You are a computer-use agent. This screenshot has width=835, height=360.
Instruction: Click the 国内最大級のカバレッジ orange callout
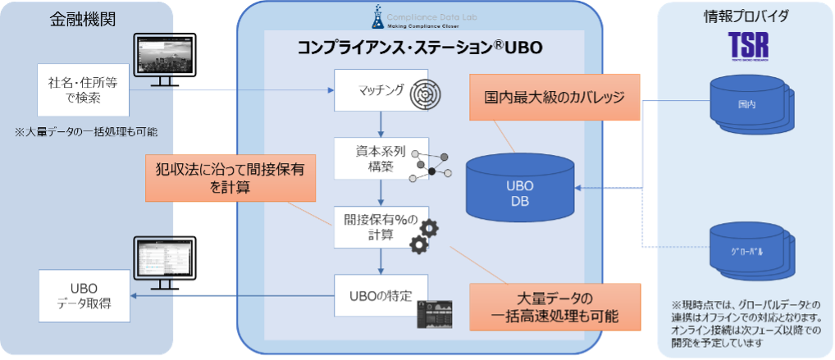tap(555, 98)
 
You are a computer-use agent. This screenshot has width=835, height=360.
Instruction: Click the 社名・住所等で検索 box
tap(84, 89)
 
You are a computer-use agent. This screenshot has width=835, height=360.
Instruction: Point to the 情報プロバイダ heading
tap(745, 16)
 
